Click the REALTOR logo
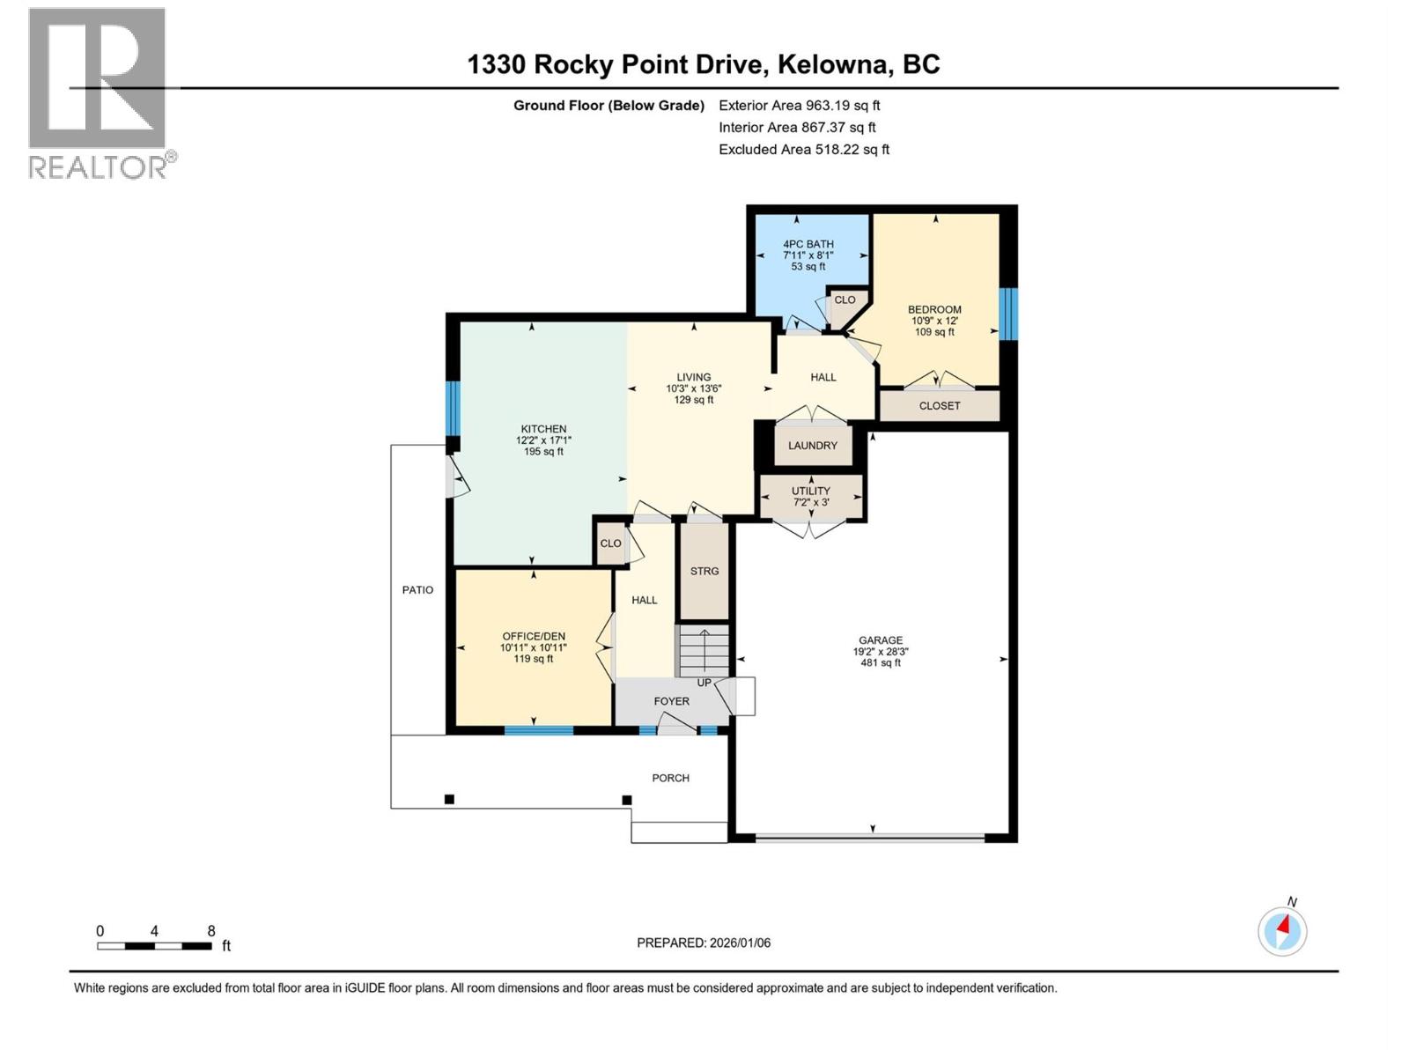pyautogui.click(x=98, y=92)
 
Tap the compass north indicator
pyautogui.click(x=1282, y=930)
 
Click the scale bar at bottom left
pyautogui.click(x=154, y=945)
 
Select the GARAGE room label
pyautogui.click(x=881, y=640)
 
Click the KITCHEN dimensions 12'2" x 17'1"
pyautogui.click(x=543, y=440)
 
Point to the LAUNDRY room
pyautogui.click(x=812, y=446)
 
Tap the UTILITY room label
pyautogui.click(x=810, y=491)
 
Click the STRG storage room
pyautogui.click(x=704, y=571)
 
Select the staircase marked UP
pyautogui.click(x=704, y=652)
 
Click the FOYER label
pyautogui.click(x=671, y=701)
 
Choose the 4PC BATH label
pyautogui.click(x=808, y=244)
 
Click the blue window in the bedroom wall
pyautogui.click(x=1009, y=314)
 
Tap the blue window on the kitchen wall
pyautogui.click(x=453, y=408)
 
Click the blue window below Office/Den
pyautogui.click(x=538, y=729)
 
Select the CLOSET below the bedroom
pyautogui.click(x=940, y=406)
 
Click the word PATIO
pyautogui.click(x=417, y=590)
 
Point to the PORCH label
pyautogui.click(x=670, y=778)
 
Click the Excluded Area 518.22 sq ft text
pyautogui.click(x=803, y=150)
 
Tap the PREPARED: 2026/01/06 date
pyautogui.click(x=704, y=942)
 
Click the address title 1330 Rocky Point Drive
pyautogui.click(x=703, y=64)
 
